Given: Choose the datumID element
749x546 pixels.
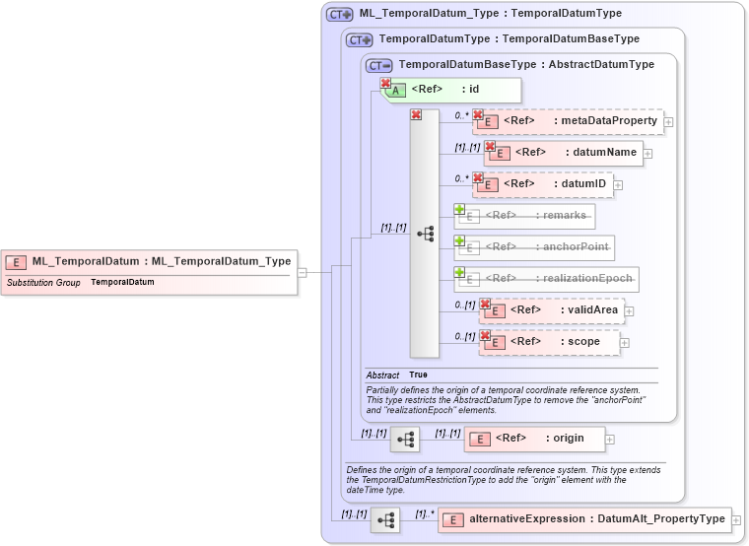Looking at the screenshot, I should [x=544, y=184].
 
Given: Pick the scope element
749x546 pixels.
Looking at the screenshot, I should [x=550, y=342].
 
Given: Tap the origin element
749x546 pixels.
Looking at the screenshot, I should [x=534, y=439].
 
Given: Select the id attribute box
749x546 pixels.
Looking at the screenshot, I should [x=451, y=90].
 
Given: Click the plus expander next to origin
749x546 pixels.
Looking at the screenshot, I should [x=610, y=440].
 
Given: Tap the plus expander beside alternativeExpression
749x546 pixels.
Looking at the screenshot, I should [x=735, y=519].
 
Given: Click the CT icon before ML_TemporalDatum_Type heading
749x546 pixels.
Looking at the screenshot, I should [x=340, y=15].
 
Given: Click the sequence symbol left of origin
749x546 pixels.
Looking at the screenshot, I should [x=404, y=440].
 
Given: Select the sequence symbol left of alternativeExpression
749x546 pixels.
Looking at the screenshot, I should [x=384, y=519].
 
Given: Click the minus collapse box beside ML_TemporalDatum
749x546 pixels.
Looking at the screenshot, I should [x=303, y=273].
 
